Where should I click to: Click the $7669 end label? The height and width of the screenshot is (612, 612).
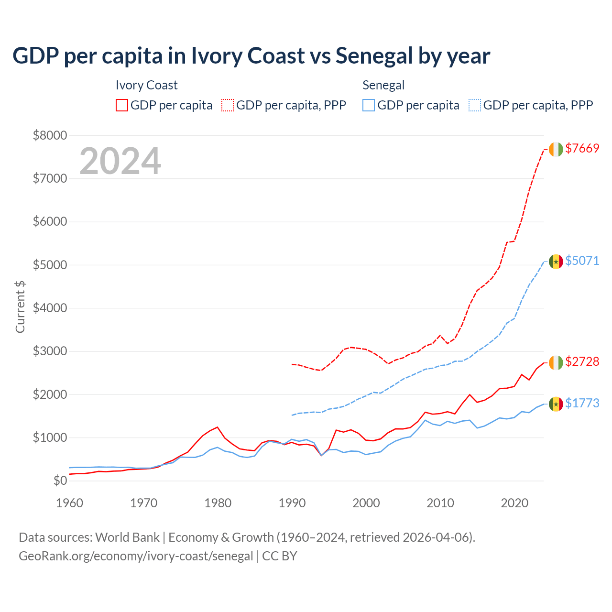[x=582, y=149]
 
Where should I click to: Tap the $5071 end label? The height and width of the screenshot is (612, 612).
[x=582, y=261]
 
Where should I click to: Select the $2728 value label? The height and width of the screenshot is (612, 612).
[x=582, y=362]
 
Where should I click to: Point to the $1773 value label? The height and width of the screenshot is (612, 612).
[x=582, y=404]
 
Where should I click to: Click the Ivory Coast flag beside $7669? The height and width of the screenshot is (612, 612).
[x=556, y=149]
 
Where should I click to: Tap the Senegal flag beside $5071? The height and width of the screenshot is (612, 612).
[x=556, y=262]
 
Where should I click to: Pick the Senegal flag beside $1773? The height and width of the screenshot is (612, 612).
[x=556, y=404]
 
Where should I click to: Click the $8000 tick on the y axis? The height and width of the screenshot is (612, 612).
[x=50, y=135]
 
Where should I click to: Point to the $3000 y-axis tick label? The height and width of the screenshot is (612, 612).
[x=50, y=351]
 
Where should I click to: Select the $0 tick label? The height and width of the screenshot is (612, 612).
[x=60, y=481]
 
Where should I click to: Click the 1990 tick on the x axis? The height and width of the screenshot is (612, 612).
[x=292, y=503]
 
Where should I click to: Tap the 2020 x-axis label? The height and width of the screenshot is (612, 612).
[x=514, y=503]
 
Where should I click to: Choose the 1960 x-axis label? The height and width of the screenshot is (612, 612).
[x=70, y=503]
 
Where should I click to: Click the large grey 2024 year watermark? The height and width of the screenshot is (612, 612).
[x=120, y=161]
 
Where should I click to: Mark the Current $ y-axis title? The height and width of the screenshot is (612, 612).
[x=20, y=306]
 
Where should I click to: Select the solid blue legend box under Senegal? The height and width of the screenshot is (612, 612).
[x=369, y=105]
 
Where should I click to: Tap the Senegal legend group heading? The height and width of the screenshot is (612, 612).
[x=383, y=85]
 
